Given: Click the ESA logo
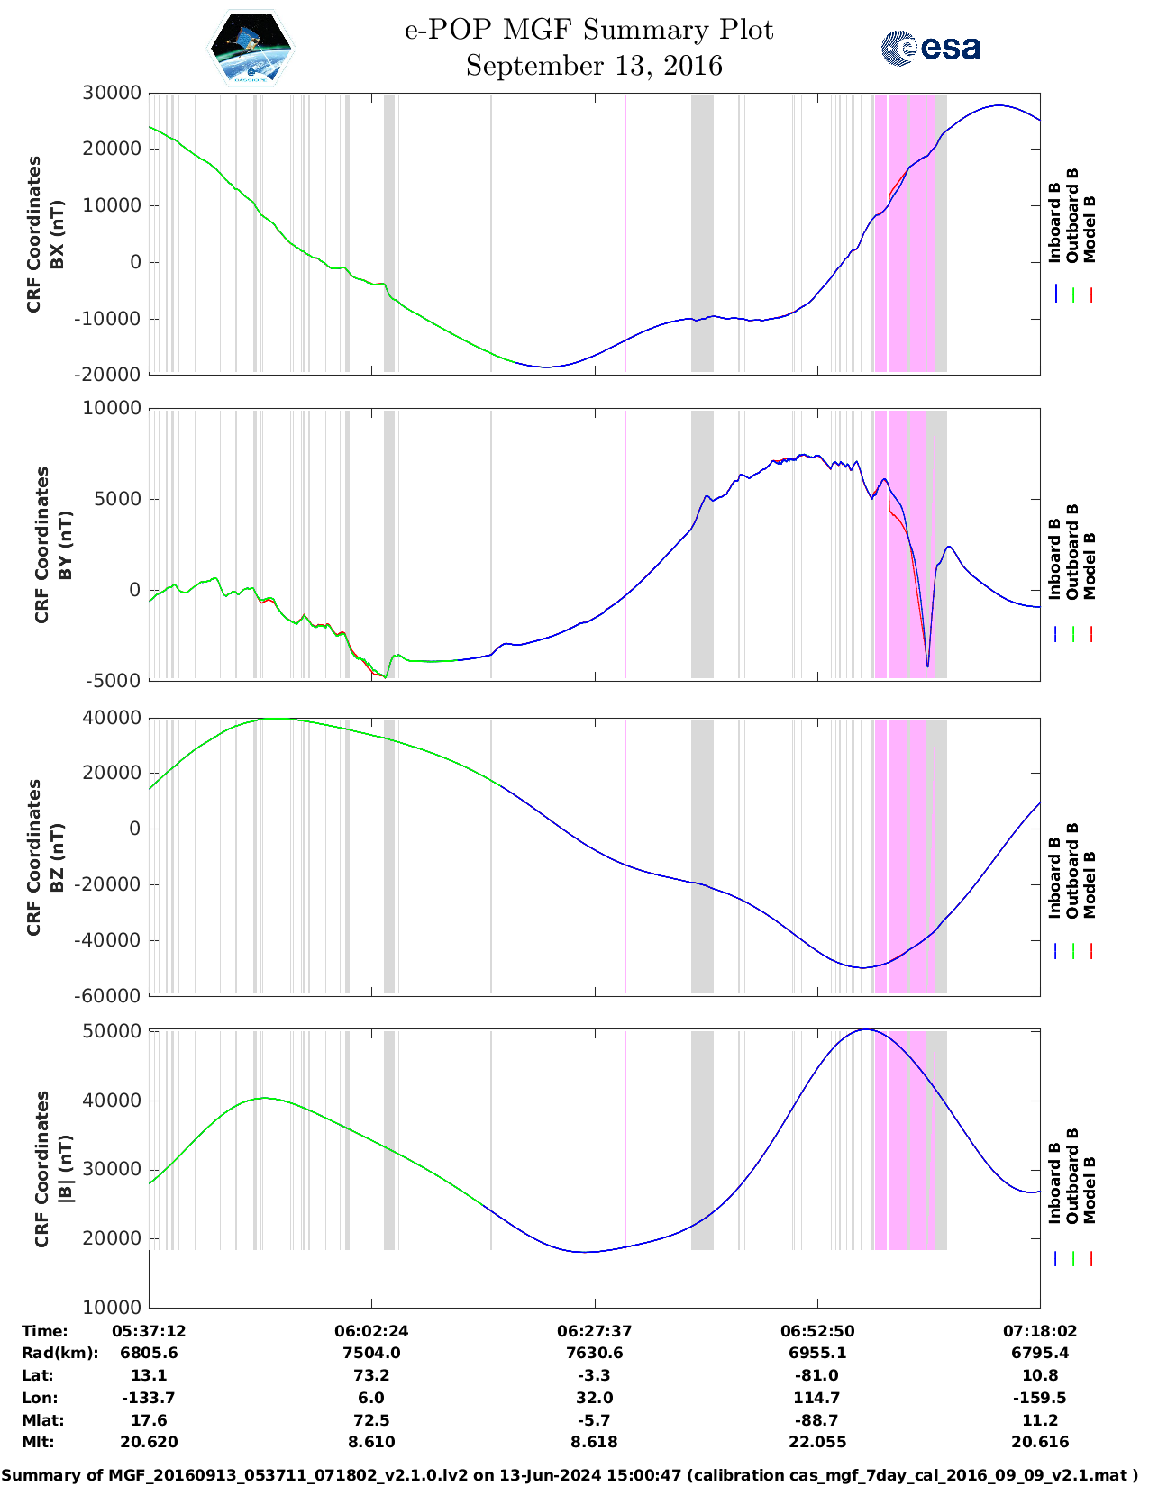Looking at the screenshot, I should point(931,48).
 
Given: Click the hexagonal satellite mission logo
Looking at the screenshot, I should point(251,49).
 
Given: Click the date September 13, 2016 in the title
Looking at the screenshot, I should point(594,66).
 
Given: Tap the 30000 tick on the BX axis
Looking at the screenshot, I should point(112,93).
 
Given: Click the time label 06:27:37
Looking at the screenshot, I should point(594,1331).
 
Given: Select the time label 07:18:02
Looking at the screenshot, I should point(1040,1331).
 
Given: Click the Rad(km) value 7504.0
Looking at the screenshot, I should point(371,1353).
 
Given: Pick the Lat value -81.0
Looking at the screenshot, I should point(817,1375).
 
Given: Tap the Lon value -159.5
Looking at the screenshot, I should point(1040,1398).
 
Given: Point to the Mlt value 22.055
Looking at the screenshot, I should point(817,1442).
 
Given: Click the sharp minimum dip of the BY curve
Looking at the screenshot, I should point(927,666).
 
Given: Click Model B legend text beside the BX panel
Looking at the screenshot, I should point(1090,230).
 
